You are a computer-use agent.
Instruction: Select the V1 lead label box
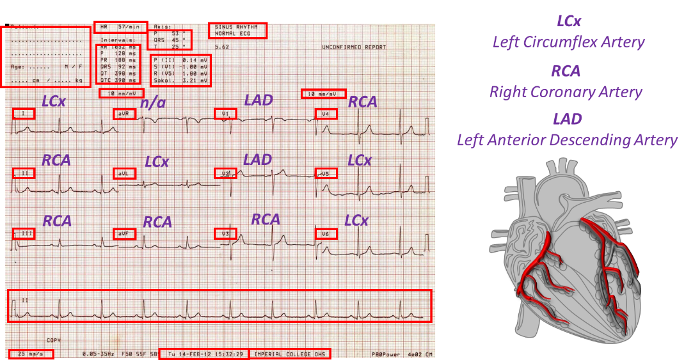pos(225,114)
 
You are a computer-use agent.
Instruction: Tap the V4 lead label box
pos(326,114)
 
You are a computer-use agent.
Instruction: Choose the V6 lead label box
pos(326,234)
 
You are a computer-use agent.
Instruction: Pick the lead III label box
pos(24,233)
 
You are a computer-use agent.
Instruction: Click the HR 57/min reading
pos(120,27)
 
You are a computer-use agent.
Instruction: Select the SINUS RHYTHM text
pos(237,27)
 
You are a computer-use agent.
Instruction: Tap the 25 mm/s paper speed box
pos(31,354)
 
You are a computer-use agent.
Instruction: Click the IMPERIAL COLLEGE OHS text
pos(290,354)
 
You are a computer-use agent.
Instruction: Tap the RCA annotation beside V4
pos(363,102)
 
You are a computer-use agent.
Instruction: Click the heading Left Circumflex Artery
pos(568,42)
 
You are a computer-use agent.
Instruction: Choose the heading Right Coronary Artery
pos(566,91)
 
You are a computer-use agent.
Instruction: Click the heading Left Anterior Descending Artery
pos(567,139)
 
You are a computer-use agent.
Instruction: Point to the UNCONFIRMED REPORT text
pos(354,48)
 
